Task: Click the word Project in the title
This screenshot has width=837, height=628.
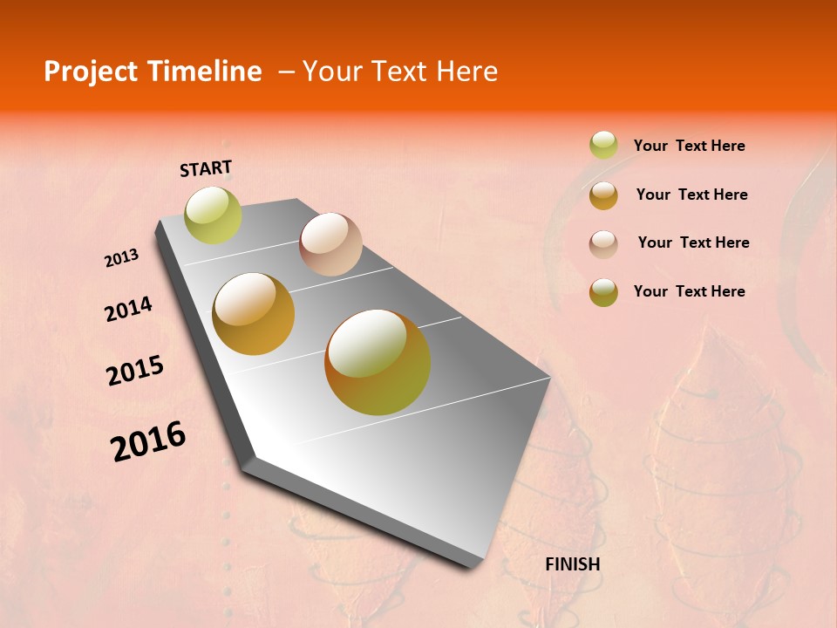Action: (91, 72)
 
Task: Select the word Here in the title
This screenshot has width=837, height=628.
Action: (466, 72)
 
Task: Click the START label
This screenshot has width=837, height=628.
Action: (206, 168)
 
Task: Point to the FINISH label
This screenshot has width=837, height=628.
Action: (573, 564)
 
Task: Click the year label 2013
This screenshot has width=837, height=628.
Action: (122, 258)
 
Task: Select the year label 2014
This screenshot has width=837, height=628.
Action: (128, 309)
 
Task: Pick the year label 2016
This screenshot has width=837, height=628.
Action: (148, 441)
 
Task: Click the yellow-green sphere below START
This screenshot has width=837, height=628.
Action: (213, 215)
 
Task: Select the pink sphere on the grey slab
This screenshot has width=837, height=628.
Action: (330, 244)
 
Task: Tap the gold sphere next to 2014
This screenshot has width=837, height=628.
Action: (254, 314)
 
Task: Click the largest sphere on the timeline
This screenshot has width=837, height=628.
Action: (378, 362)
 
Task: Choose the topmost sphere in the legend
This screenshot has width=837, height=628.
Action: (603, 145)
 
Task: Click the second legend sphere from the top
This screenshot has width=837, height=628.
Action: (603, 195)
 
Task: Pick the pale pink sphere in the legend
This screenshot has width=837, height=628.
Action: (603, 243)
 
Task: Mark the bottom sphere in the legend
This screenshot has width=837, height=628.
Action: (603, 292)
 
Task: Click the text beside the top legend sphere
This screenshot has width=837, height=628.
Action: (689, 147)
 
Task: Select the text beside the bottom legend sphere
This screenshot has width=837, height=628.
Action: (689, 291)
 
